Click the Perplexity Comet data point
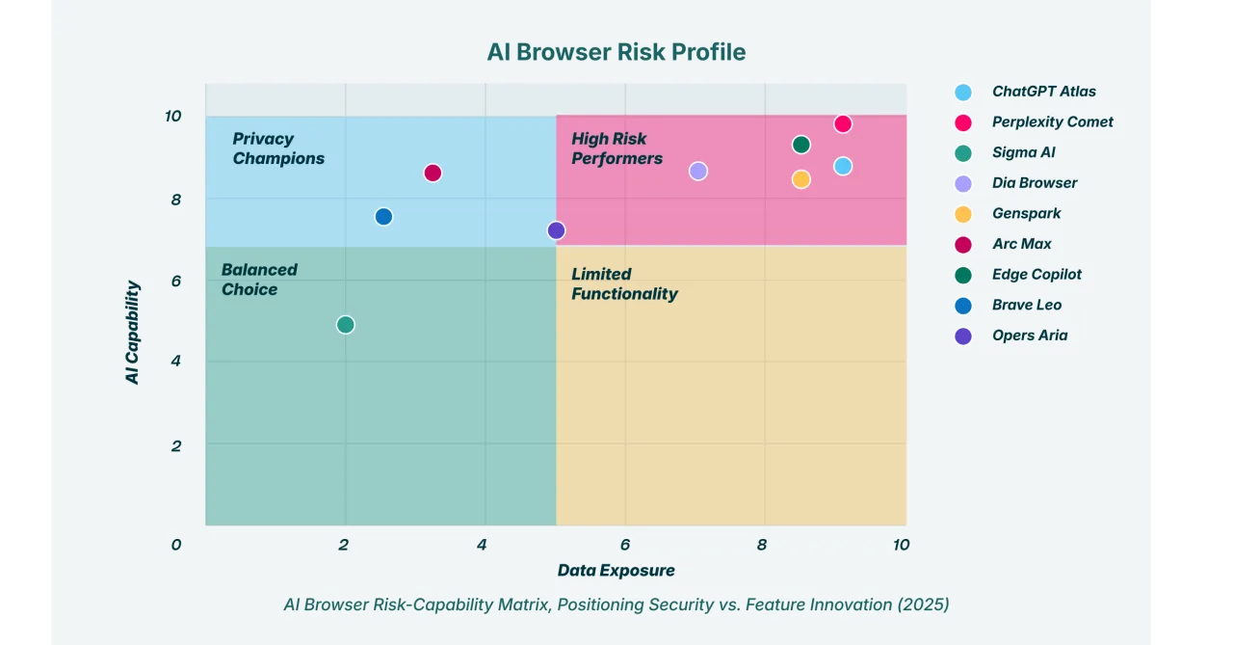[x=843, y=123]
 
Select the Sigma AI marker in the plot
[x=346, y=325]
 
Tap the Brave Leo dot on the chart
[x=383, y=217]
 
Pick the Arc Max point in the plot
[x=433, y=174]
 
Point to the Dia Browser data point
[x=698, y=172]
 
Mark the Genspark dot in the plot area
[x=800, y=179]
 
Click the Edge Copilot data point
[x=800, y=145]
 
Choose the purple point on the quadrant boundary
[x=556, y=230]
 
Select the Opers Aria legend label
[x=1029, y=336]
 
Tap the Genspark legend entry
[x=1026, y=213]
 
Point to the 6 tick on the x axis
[x=625, y=545]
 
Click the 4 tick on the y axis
[x=173, y=362]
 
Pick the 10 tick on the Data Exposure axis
[x=901, y=545]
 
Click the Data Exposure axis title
[x=616, y=570]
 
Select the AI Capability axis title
[x=133, y=333]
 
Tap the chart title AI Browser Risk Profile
[x=616, y=52]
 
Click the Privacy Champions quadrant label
[x=277, y=148]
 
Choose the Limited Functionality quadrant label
[x=624, y=284]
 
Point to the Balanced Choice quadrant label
[x=258, y=280]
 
